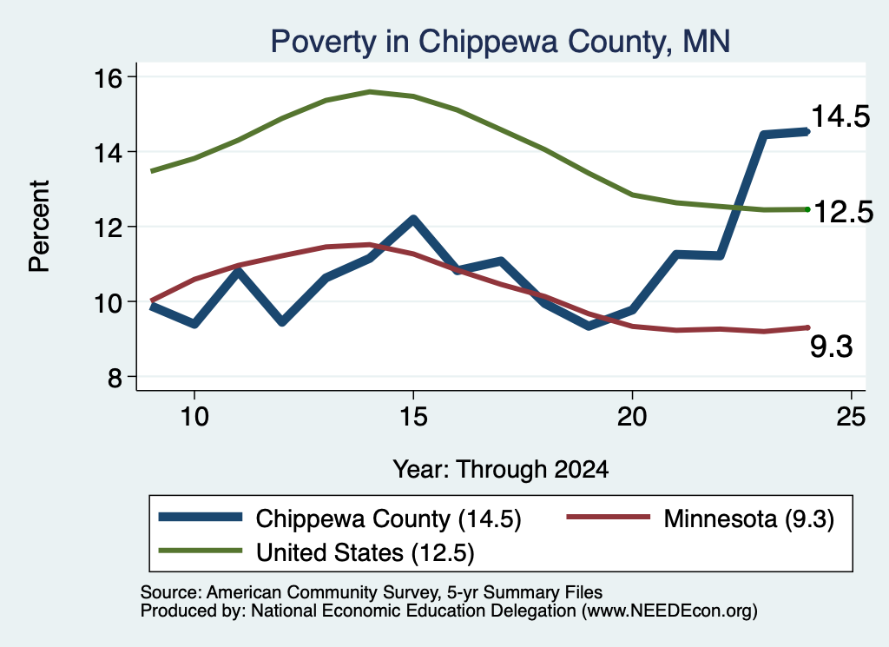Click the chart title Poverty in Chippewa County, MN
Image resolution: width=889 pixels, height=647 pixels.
(500, 42)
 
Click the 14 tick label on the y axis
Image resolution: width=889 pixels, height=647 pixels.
(108, 153)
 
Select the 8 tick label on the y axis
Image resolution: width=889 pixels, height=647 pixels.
(115, 377)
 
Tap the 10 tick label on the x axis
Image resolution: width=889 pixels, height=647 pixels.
(194, 418)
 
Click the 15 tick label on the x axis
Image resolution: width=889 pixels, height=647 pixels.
(413, 418)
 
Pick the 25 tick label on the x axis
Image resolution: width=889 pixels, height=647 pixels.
(851, 418)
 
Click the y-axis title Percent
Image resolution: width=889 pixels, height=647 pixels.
(39, 227)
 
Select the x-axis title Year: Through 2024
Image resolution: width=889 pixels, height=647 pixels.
(501, 470)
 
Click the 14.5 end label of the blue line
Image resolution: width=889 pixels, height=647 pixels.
(840, 117)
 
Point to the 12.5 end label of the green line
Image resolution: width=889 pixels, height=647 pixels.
(843, 213)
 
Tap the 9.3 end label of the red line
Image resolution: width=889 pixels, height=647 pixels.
(831, 347)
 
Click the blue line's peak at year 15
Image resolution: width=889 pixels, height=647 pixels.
(413, 220)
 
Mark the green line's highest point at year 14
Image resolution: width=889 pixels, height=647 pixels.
(370, 91)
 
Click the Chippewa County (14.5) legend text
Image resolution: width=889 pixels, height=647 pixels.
(388, 518)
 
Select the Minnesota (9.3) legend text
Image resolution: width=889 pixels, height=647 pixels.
(749, 518)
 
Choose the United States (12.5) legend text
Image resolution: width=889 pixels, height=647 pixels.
(365, 553)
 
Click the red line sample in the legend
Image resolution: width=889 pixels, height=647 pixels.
(609, 517)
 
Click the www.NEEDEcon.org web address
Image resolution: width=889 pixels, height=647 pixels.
(669, 611)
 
